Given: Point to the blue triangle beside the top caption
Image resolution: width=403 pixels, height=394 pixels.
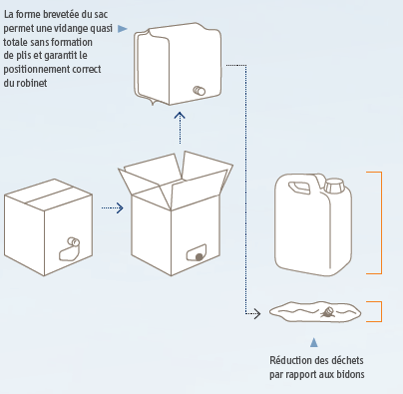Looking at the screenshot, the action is point(123,29).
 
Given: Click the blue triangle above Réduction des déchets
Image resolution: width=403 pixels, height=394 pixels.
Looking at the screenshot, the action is point(314,342).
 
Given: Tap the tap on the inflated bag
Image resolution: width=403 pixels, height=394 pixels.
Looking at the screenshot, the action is point(200,91).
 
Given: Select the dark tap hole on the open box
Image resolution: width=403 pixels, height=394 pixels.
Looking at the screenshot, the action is point(199,257).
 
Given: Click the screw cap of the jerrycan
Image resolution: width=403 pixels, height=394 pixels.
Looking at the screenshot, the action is point(334,186).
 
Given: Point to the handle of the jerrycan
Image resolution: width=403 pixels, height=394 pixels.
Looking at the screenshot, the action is point(299,188).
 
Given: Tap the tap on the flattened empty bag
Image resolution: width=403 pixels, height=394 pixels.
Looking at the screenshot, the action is point(327,312).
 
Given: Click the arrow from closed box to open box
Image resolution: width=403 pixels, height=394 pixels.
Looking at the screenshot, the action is point(113,208).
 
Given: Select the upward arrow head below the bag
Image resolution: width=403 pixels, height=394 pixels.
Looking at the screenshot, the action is point(180,116).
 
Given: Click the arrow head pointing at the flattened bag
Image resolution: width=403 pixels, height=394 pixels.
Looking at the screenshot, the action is point(257,313).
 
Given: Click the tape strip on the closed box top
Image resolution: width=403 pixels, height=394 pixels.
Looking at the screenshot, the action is point(50,195).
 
